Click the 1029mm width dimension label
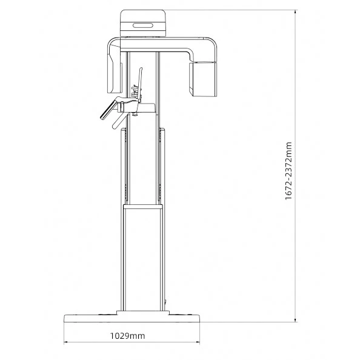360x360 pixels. tap(128, 336)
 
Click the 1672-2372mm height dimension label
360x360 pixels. tap(288, 171)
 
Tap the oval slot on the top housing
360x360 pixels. tap(143, 25)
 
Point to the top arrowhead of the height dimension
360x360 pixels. tap(295, 12)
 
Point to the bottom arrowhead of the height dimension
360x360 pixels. tap(295, 320)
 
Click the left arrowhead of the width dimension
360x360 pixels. tap(66, 342)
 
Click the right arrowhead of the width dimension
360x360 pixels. tap(198, 342)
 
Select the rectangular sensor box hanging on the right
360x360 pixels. tap(203, 79)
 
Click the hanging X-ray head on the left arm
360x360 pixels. tap(114, 69)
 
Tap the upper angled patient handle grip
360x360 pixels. tap(108, 110)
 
